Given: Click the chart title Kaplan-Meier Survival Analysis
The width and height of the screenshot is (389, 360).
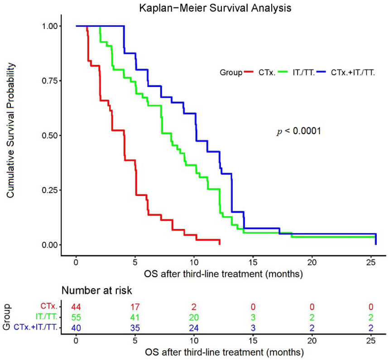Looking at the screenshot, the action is [x=215, y=8].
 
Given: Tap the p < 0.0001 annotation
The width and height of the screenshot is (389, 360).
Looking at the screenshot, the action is [x=299, y=131].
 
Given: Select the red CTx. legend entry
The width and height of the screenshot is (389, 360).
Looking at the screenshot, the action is [x=260, y=72].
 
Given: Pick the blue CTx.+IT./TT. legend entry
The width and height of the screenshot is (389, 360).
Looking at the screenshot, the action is [x=346, y=72].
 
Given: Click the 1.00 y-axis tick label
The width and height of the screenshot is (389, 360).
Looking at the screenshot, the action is [x=50, y=26].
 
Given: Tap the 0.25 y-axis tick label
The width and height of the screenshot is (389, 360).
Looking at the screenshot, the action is [x=50, y=190].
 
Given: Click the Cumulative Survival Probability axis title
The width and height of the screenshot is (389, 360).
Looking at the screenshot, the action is [x=10, y=131].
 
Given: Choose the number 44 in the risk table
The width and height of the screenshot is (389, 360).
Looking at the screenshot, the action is [x=76, y=307].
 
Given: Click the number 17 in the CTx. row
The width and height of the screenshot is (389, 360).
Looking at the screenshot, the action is [x=135, y=307].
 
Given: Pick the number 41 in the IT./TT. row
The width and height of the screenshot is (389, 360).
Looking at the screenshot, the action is [x=135, y=317].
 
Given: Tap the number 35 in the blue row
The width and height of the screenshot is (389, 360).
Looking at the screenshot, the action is [x=135, y=328].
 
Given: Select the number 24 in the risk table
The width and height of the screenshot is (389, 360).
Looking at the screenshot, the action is [x=194, y=328].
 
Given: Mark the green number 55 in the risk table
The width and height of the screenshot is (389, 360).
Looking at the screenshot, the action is [x=76, y=317].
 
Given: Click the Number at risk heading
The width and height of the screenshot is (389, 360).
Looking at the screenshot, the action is [x=96, y=291].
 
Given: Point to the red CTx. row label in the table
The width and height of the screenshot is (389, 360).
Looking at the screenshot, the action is [x=49, y=306].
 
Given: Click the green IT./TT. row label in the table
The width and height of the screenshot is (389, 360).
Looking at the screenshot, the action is [x=46, y=317].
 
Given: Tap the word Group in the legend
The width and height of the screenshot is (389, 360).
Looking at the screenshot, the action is [x=231, y=73].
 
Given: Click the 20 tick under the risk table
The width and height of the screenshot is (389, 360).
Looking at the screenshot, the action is [x=312, y=341].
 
